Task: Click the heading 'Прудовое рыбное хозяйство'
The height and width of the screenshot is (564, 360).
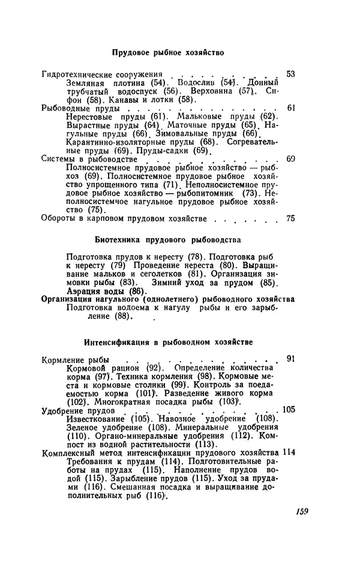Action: point(169,53)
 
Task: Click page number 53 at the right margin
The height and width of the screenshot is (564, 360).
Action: point(291,73)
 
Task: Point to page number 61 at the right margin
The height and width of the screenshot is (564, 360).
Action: point(291,108)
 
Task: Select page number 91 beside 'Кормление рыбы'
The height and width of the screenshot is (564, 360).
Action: point(291,359)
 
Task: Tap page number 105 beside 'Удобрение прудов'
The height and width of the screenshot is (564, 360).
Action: point(289,410)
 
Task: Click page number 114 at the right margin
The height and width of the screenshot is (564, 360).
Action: point(289,452)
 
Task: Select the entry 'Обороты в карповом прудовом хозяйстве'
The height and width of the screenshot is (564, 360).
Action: point(125,219)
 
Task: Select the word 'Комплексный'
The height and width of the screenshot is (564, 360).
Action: point(68,452)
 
